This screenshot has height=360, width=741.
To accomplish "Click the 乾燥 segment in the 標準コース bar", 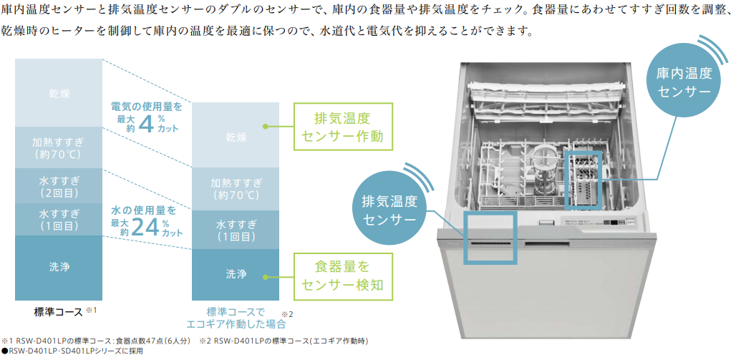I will click(x=59, y=93).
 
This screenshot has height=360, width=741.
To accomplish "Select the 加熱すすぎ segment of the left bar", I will click(x=59, y=147).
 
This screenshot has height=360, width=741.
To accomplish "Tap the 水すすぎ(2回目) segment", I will click(x=59, y=184).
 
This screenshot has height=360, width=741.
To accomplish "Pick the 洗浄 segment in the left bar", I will click(x=59, y=267).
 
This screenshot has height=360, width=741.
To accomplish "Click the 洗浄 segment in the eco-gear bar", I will click(x=236, y=274).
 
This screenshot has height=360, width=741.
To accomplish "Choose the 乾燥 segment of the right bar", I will click(x=236, y=136).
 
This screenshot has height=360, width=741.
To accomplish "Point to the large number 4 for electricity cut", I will click(x=145, y=124).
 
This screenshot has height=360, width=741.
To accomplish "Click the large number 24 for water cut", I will click(x=145, y=228).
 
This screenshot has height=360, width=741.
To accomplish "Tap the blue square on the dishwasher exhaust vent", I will click(x=490, y=238).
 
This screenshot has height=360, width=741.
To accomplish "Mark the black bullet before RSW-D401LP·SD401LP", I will click(x=4, y=351).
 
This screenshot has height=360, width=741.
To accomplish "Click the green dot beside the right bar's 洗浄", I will click(x=265, y=274).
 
